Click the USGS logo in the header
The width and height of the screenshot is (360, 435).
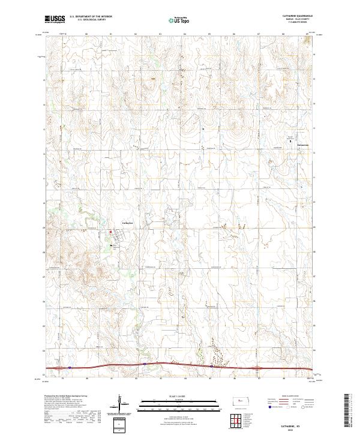tap(55, 19)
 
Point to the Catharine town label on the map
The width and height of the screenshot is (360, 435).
tap(127, 223)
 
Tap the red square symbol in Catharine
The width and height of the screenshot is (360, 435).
tap(110, 232)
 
